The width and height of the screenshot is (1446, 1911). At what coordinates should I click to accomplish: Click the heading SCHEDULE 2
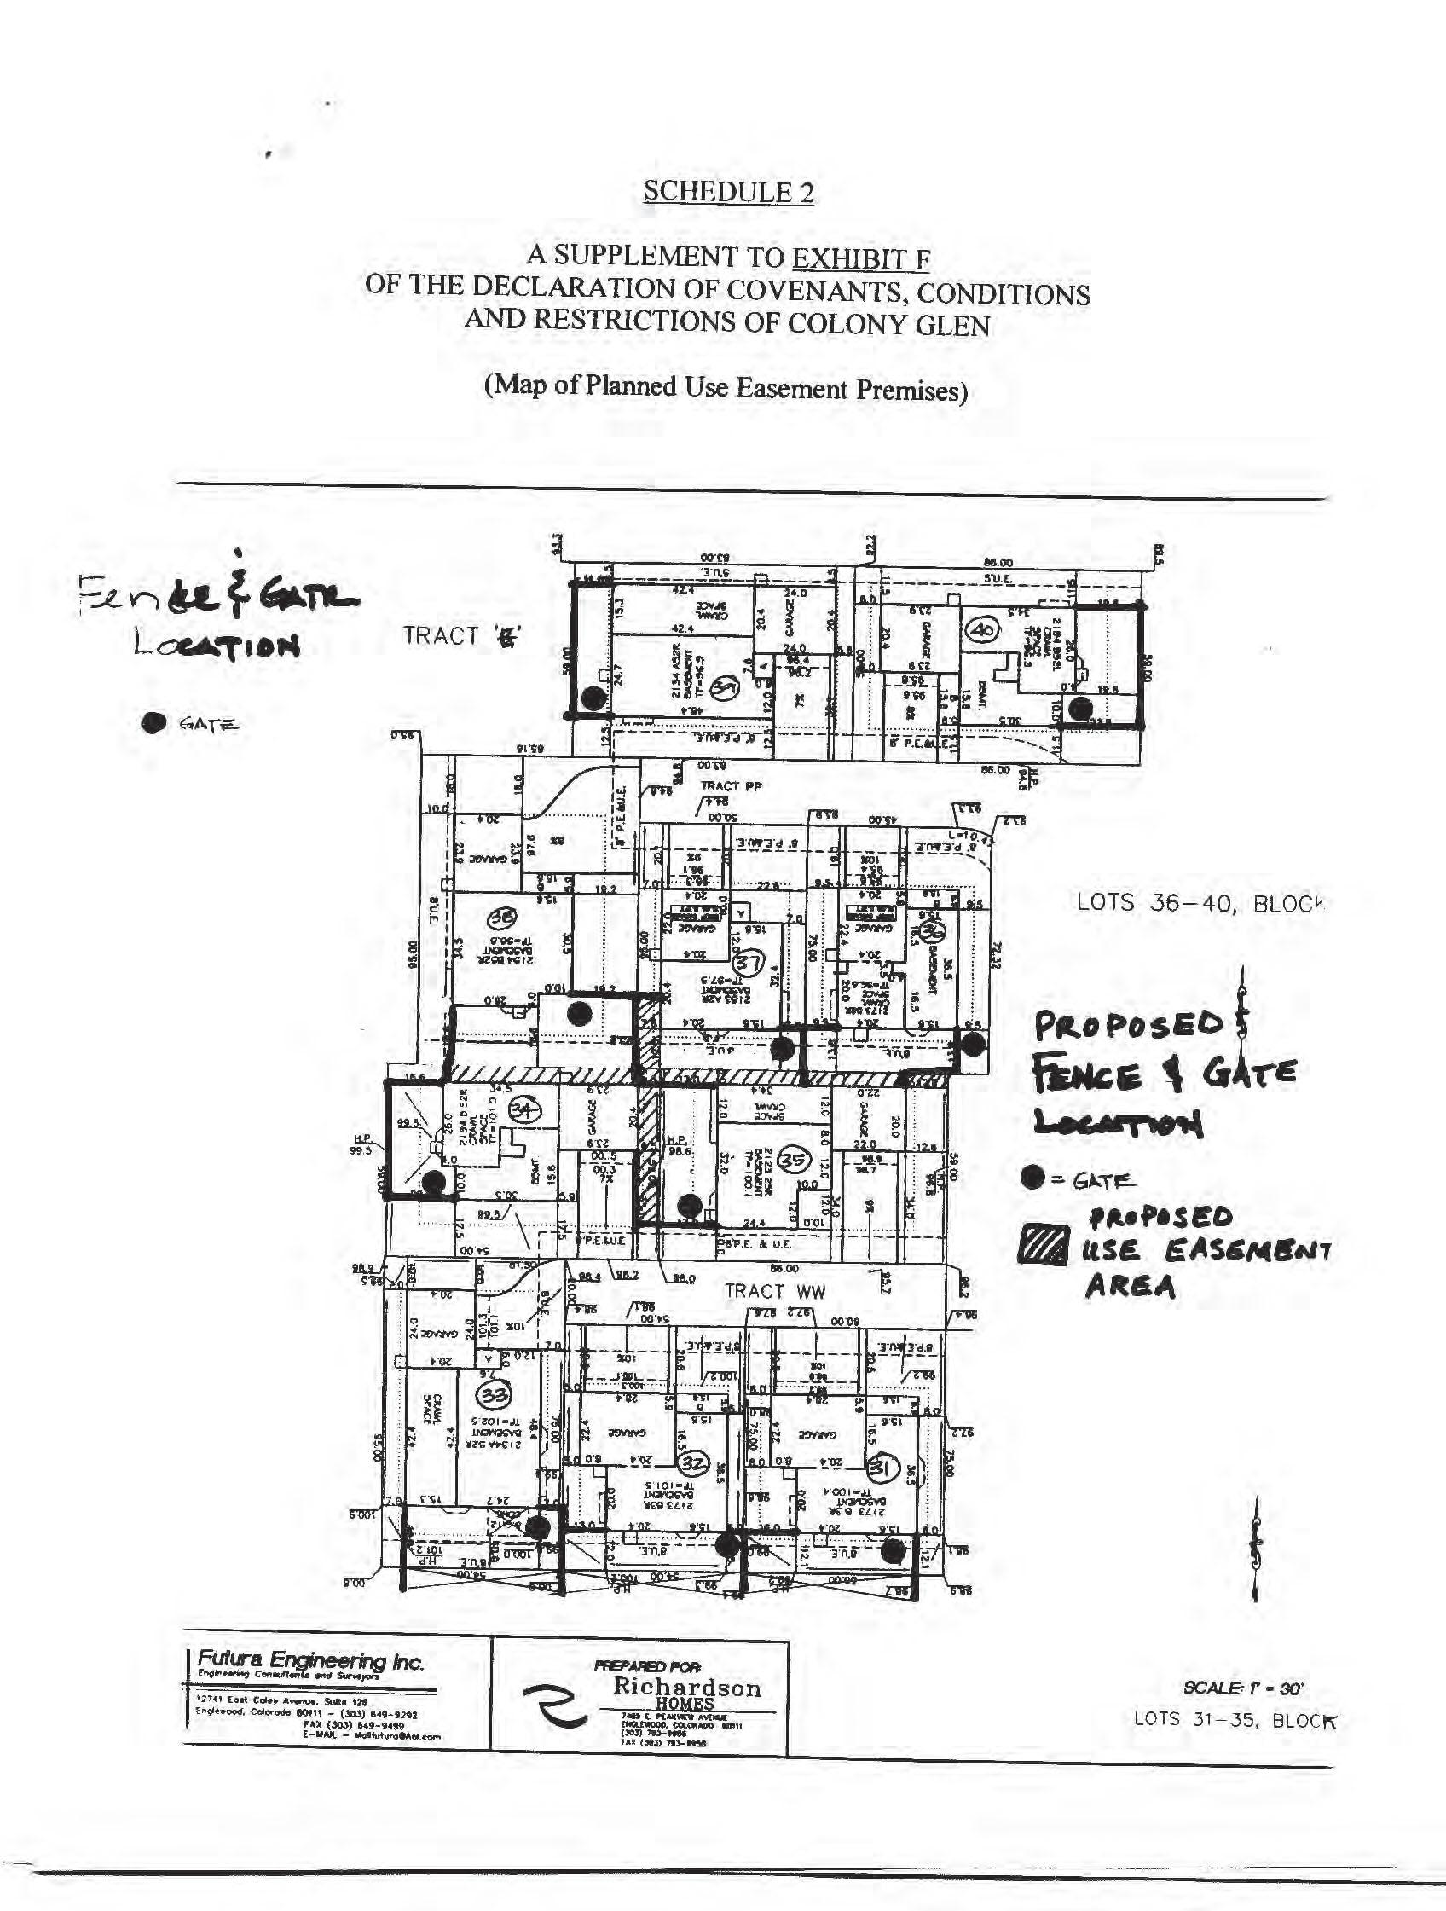click(727, 192)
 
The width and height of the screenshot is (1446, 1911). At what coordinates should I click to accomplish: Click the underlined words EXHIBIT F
click(860, 258)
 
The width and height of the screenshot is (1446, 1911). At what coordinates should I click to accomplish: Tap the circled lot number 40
click(983, 630)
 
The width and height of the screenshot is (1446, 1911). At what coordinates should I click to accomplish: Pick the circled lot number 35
click(793, 1161)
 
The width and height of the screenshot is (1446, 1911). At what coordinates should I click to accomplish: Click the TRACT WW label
click(775, 1292)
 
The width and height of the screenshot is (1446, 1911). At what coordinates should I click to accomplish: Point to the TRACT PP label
click(731, 786)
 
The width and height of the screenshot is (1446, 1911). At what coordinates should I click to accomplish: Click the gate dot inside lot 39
click(592, 698)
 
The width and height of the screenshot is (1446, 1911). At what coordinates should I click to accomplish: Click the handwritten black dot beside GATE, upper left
click(155, 723)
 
